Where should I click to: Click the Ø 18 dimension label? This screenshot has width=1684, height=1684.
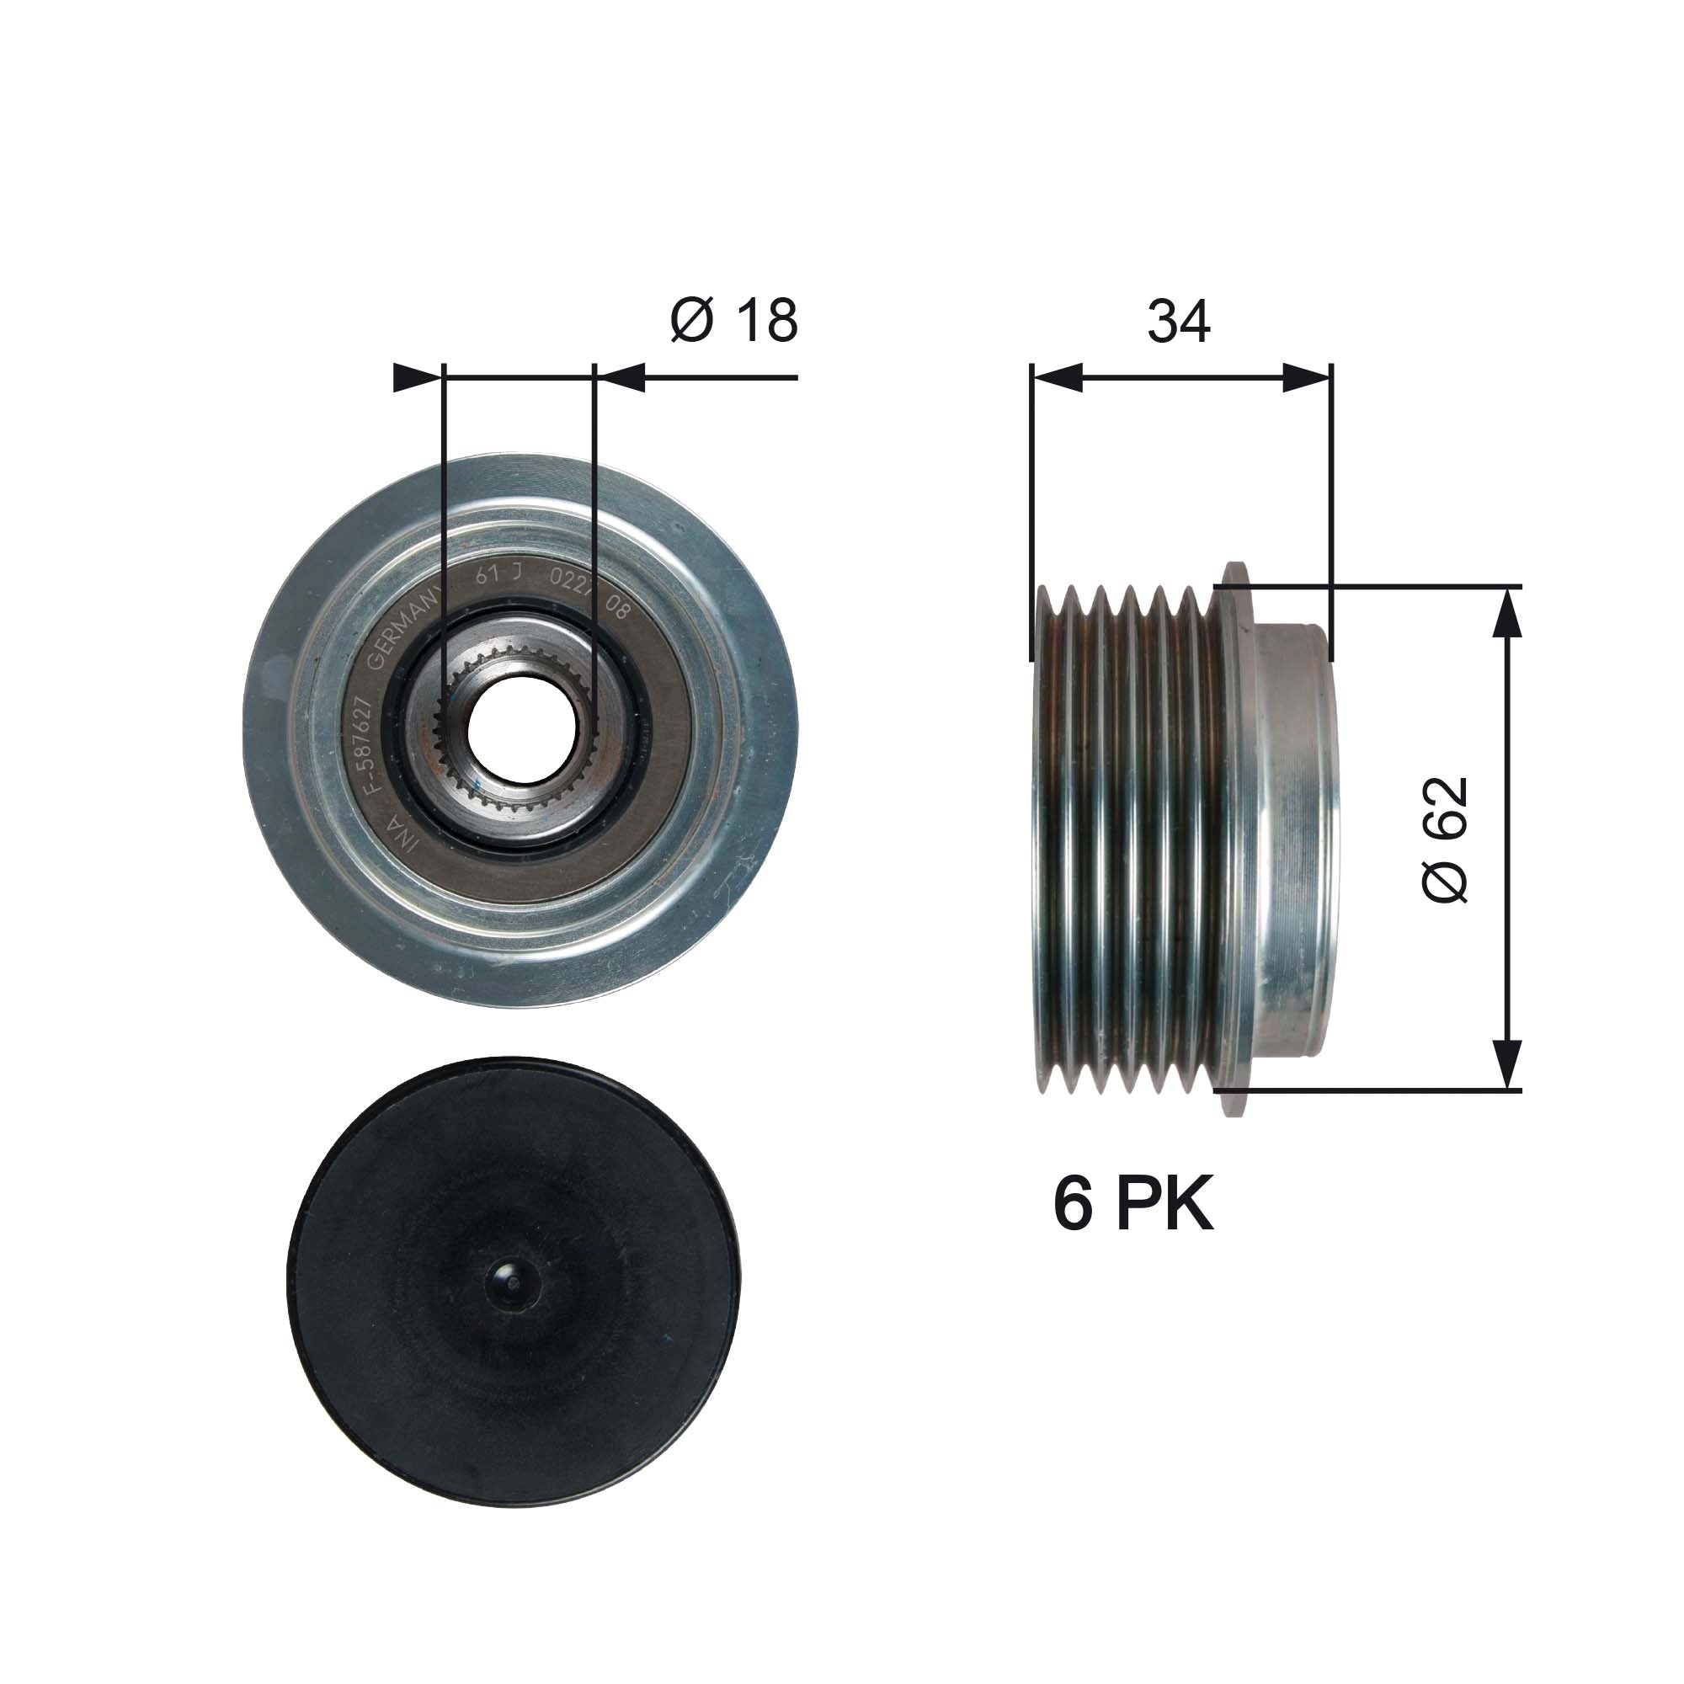[x=734, y=321]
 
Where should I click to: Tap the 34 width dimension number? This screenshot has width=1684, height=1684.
[x=1179, y=321]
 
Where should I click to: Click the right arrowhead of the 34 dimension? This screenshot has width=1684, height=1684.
[x=1308, y=378]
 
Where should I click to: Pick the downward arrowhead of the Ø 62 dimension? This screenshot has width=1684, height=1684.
[x=1507, y=1063]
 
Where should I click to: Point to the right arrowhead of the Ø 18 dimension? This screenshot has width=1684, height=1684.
[x=621, y=378]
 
